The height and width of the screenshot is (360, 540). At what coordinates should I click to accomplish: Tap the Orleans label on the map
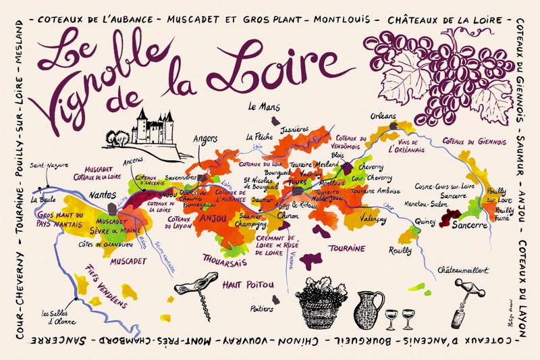click(383, 116)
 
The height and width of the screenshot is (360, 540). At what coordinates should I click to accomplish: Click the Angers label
click(205, 139)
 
